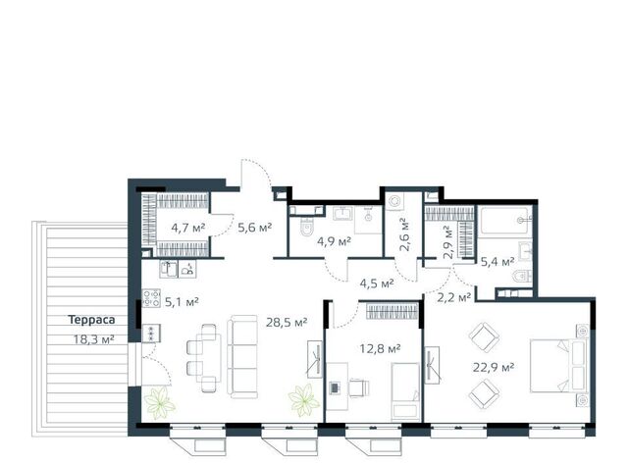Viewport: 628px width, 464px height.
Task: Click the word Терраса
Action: (91, 320)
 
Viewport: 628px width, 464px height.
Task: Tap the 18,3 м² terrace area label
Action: (94, 339)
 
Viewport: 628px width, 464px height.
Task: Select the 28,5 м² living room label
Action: (287, 323)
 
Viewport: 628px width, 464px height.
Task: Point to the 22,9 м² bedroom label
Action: (494, 367)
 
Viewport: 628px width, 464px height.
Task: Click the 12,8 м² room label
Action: (380, 348)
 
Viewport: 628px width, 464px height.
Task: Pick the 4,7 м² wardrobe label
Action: (187, 228)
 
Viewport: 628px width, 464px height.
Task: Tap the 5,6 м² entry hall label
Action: (255, 228)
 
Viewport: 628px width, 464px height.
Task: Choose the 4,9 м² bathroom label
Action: (334, 241)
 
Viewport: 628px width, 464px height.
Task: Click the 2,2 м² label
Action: (453, 297)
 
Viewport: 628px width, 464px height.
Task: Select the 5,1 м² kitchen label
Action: (182, 301)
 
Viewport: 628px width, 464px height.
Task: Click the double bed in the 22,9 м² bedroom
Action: (558, 366)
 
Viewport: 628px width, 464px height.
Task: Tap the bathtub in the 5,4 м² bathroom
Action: (506, 220)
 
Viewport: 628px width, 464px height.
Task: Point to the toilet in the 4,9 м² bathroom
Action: (307, 228)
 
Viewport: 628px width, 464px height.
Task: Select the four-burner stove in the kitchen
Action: (151, 298)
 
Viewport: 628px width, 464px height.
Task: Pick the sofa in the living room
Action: (242, 356)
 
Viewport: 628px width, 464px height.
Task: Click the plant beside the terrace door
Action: (159, 403)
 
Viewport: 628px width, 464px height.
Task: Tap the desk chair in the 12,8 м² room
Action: (358, 387)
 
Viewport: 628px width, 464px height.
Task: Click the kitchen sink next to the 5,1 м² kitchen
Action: (168, 270)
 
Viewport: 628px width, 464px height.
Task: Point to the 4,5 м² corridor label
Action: (377, 284)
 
